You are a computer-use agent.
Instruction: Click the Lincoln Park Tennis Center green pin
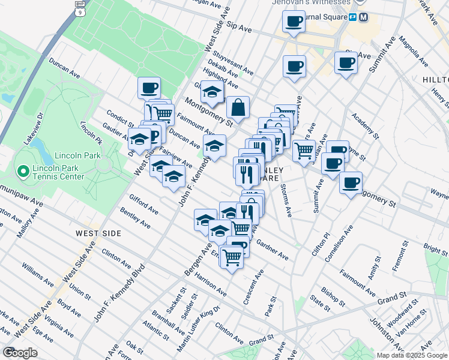pos(23,172)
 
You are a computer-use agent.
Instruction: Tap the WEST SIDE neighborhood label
pos(98,233)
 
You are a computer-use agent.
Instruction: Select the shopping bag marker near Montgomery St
pos(238,108)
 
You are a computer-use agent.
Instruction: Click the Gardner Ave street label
pos(273,250)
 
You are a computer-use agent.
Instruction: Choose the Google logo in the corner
pos(20,352)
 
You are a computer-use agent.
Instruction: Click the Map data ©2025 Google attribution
pos(411,355)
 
